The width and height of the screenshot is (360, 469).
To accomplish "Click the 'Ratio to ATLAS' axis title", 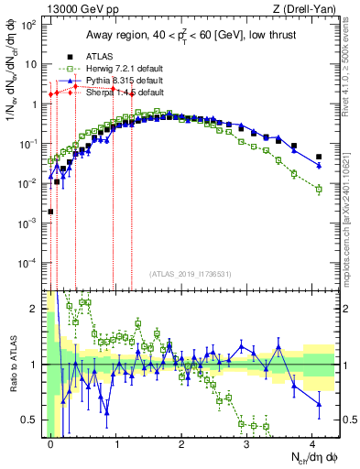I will click(x=11, y=364).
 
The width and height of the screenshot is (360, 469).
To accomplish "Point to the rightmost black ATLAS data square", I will click(x=319, y=157).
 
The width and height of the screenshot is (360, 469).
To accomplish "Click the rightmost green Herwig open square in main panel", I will click(x=319, y=190).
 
